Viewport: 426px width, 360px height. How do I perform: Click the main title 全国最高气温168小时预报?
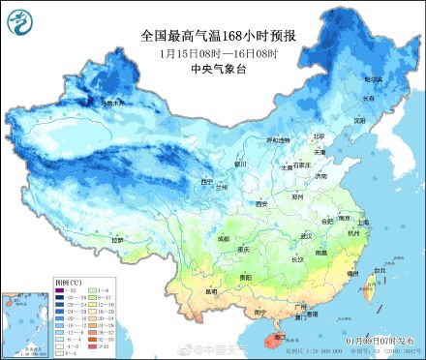218,35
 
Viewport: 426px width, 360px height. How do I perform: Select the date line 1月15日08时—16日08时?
217,52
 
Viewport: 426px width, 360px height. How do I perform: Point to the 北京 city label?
319,136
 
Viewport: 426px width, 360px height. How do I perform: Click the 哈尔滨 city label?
372,78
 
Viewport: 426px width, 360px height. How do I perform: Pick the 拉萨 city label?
118,239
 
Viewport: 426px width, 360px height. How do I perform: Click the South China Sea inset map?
27,315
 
